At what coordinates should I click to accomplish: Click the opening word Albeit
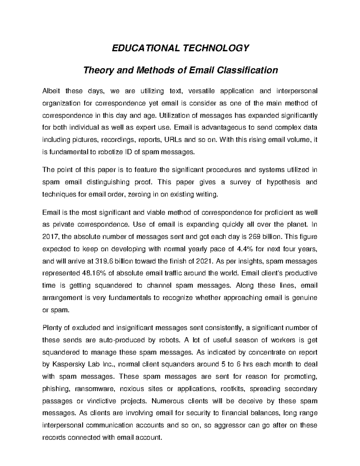pyautogui.click(x=51, y=91)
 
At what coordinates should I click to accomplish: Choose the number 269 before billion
pyautogui.click(x=255, y=237)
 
